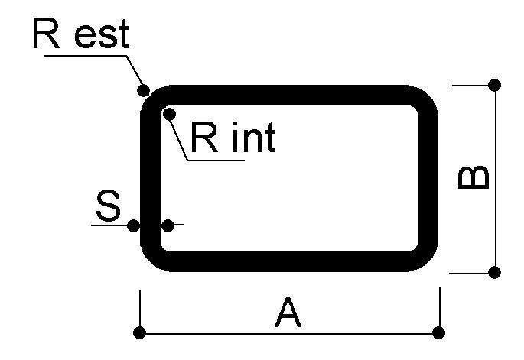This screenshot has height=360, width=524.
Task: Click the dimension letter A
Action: pos(288,313)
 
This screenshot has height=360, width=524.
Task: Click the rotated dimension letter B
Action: pos(473,178)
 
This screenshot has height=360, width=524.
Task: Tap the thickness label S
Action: pos(109,207)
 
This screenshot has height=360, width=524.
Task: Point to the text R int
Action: pos(232,138)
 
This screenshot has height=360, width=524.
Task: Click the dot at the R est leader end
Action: pos(143,89)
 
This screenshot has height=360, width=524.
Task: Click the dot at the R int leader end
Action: pos(170,114)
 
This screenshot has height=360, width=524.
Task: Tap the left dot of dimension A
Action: pos(139,332)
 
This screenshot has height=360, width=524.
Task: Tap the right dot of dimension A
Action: pos(438,332)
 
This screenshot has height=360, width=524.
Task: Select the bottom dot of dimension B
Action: pos(494,272)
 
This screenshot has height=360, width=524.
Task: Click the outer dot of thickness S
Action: pos(133,225)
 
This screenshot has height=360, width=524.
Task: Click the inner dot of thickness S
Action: pos(168,225)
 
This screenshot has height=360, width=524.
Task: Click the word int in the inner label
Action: pos(252,138)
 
